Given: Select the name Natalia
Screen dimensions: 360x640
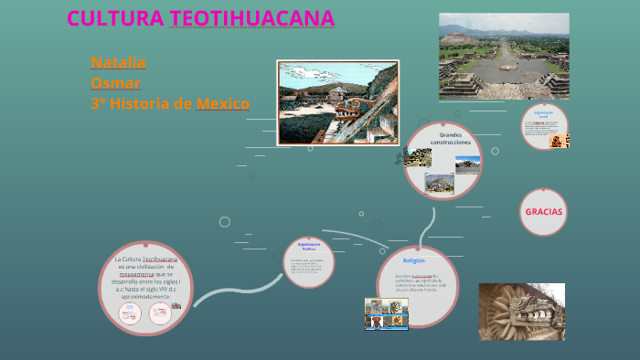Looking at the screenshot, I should tap(118, 62).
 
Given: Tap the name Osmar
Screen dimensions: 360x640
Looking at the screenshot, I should tap(115, 82).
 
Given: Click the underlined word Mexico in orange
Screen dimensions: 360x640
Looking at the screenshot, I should tap(222, 103).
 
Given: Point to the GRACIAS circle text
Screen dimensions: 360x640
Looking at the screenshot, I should tap(543, 211).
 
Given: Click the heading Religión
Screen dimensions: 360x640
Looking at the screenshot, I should tap(414, 260).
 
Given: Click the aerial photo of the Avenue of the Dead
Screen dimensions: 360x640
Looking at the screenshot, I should tap(504, 56).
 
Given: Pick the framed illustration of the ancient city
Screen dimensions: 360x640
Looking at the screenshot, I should tap(337, 102).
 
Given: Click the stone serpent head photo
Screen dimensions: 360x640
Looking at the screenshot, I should tap(522, 311).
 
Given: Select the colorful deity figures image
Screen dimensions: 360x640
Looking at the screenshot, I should tap(386, 313).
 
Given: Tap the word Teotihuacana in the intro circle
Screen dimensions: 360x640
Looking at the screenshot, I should tap(159, 259).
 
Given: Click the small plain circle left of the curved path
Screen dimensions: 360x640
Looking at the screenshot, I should tap(224, 221).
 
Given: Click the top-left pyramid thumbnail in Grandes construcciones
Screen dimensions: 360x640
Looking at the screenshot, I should tap(418, 157).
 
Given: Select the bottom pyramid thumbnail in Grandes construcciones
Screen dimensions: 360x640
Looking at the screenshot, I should tap(439, 184).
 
